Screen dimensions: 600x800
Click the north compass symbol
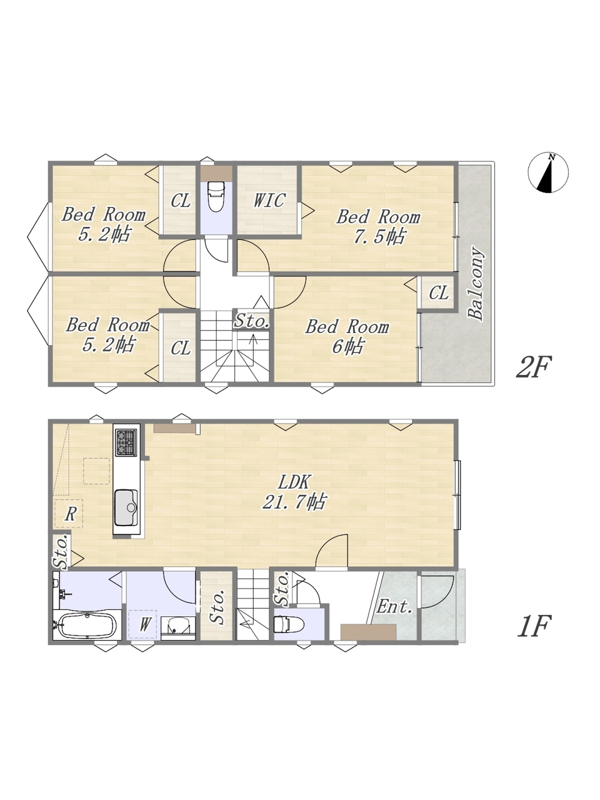point(548,172)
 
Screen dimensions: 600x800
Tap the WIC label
point(269,201)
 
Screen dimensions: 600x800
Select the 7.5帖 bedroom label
point(378,227)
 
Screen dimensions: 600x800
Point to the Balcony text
point(476,284)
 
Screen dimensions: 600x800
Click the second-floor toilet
point(216,196)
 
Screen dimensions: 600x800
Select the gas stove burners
point(126,443)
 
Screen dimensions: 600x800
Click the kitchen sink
point(126,508)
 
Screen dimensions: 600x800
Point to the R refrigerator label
point(70,514)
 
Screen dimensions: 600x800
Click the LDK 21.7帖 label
point(294,492)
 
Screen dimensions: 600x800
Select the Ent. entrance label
point(394,606)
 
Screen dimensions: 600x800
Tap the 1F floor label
point(533,626)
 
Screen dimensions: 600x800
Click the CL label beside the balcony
point(439,292)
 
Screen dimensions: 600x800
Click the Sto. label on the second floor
point(252,321)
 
